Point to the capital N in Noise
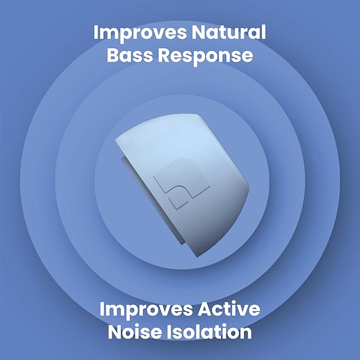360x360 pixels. point(118,332)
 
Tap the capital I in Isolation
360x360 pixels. point(184,332)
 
